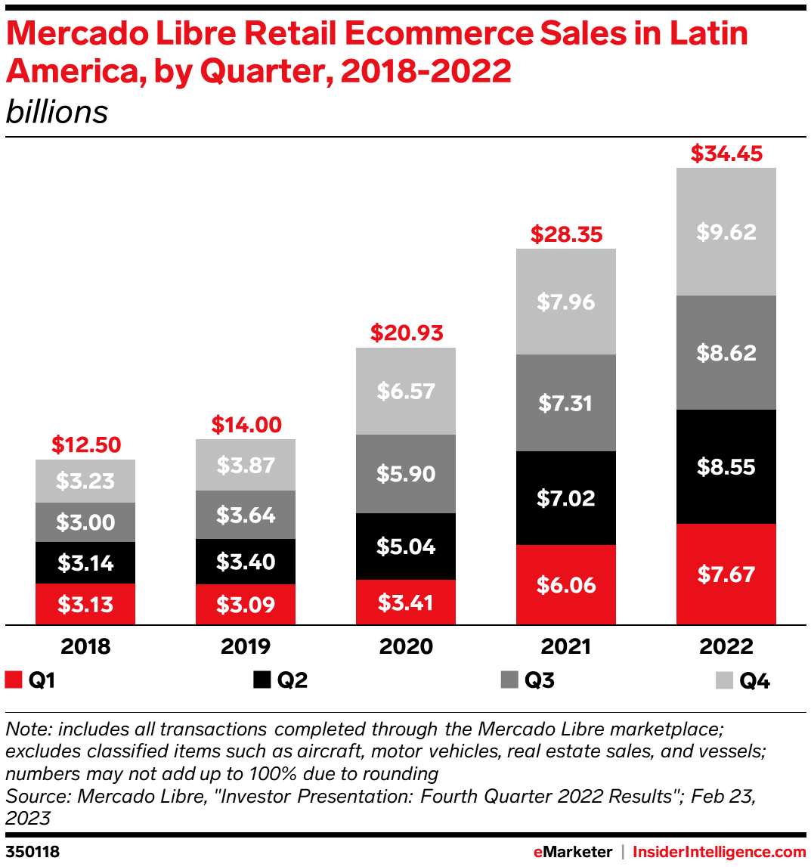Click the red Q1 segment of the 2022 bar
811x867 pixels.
point(726,574)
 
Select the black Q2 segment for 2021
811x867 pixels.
point(565,498)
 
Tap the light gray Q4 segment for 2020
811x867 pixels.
point(406,391)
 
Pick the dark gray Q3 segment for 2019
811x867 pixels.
point(246,515)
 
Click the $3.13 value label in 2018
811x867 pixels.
point(85,604)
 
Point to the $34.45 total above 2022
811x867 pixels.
point(726,154)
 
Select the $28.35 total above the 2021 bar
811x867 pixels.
point(566,234)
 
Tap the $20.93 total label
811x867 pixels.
point(406,333)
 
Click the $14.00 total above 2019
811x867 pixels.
point(246,425)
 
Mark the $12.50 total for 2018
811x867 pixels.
point(85,444)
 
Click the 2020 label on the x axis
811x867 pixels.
point(406,647)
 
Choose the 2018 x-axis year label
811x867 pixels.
point(85,647)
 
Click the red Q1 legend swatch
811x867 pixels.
point(13,680)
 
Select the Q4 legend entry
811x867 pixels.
point(754,681)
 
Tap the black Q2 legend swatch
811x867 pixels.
point(262,680)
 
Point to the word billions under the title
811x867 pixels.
point(57,113)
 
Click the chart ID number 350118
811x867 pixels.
point(32,852)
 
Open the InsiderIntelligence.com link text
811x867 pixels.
point(719,852)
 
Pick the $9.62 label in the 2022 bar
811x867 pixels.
point(726,231)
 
